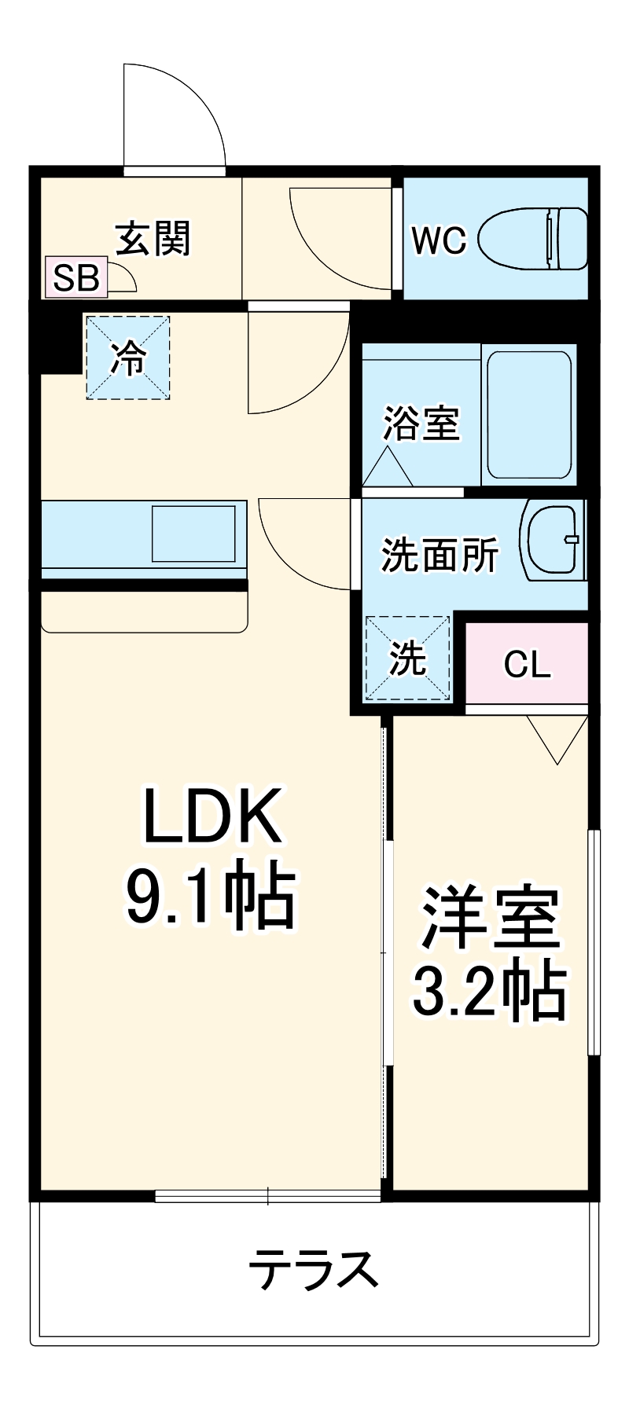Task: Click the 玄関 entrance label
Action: click(153, 239)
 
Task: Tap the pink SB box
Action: click(76, 277)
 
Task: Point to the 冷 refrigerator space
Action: click(128, 358)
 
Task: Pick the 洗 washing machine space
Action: click(408, 658)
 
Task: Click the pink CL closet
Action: click(527, 664)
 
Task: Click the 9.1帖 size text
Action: click(211, 897)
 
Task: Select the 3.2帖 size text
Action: click(489, 991)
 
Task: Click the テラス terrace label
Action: click(314, 1269)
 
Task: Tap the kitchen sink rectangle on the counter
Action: click(193, 534)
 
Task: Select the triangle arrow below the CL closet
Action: click(557, 739)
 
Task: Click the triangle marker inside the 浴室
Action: click(387, 468)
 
